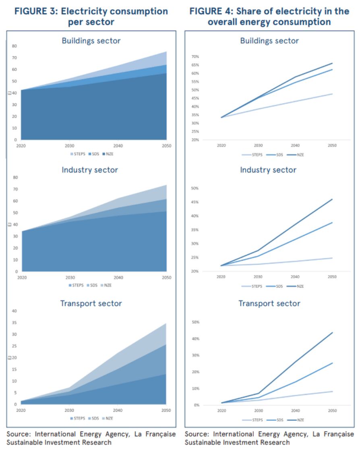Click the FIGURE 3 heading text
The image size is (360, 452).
[91, 16]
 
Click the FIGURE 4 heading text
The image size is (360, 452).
[269, 16]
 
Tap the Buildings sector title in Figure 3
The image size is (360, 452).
[91, 41]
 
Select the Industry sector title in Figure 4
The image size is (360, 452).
[268, 170]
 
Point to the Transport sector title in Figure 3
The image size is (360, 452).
[91, 303]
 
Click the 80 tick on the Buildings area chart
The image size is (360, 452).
[14, 46]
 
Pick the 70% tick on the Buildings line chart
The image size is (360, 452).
[195, 57]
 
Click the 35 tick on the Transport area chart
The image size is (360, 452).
[14, 323]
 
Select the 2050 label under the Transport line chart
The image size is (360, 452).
[332, 411]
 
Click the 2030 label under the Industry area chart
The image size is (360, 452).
[70, 278]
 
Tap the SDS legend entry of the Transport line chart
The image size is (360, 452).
[279, 420]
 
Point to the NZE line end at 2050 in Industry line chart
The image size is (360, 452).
[332, 199]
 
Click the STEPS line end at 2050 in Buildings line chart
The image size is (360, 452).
[332, 94]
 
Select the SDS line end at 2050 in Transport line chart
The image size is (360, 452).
[332, 363]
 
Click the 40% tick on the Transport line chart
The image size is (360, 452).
[195, 339]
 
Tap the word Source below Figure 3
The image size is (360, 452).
[18, 434]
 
